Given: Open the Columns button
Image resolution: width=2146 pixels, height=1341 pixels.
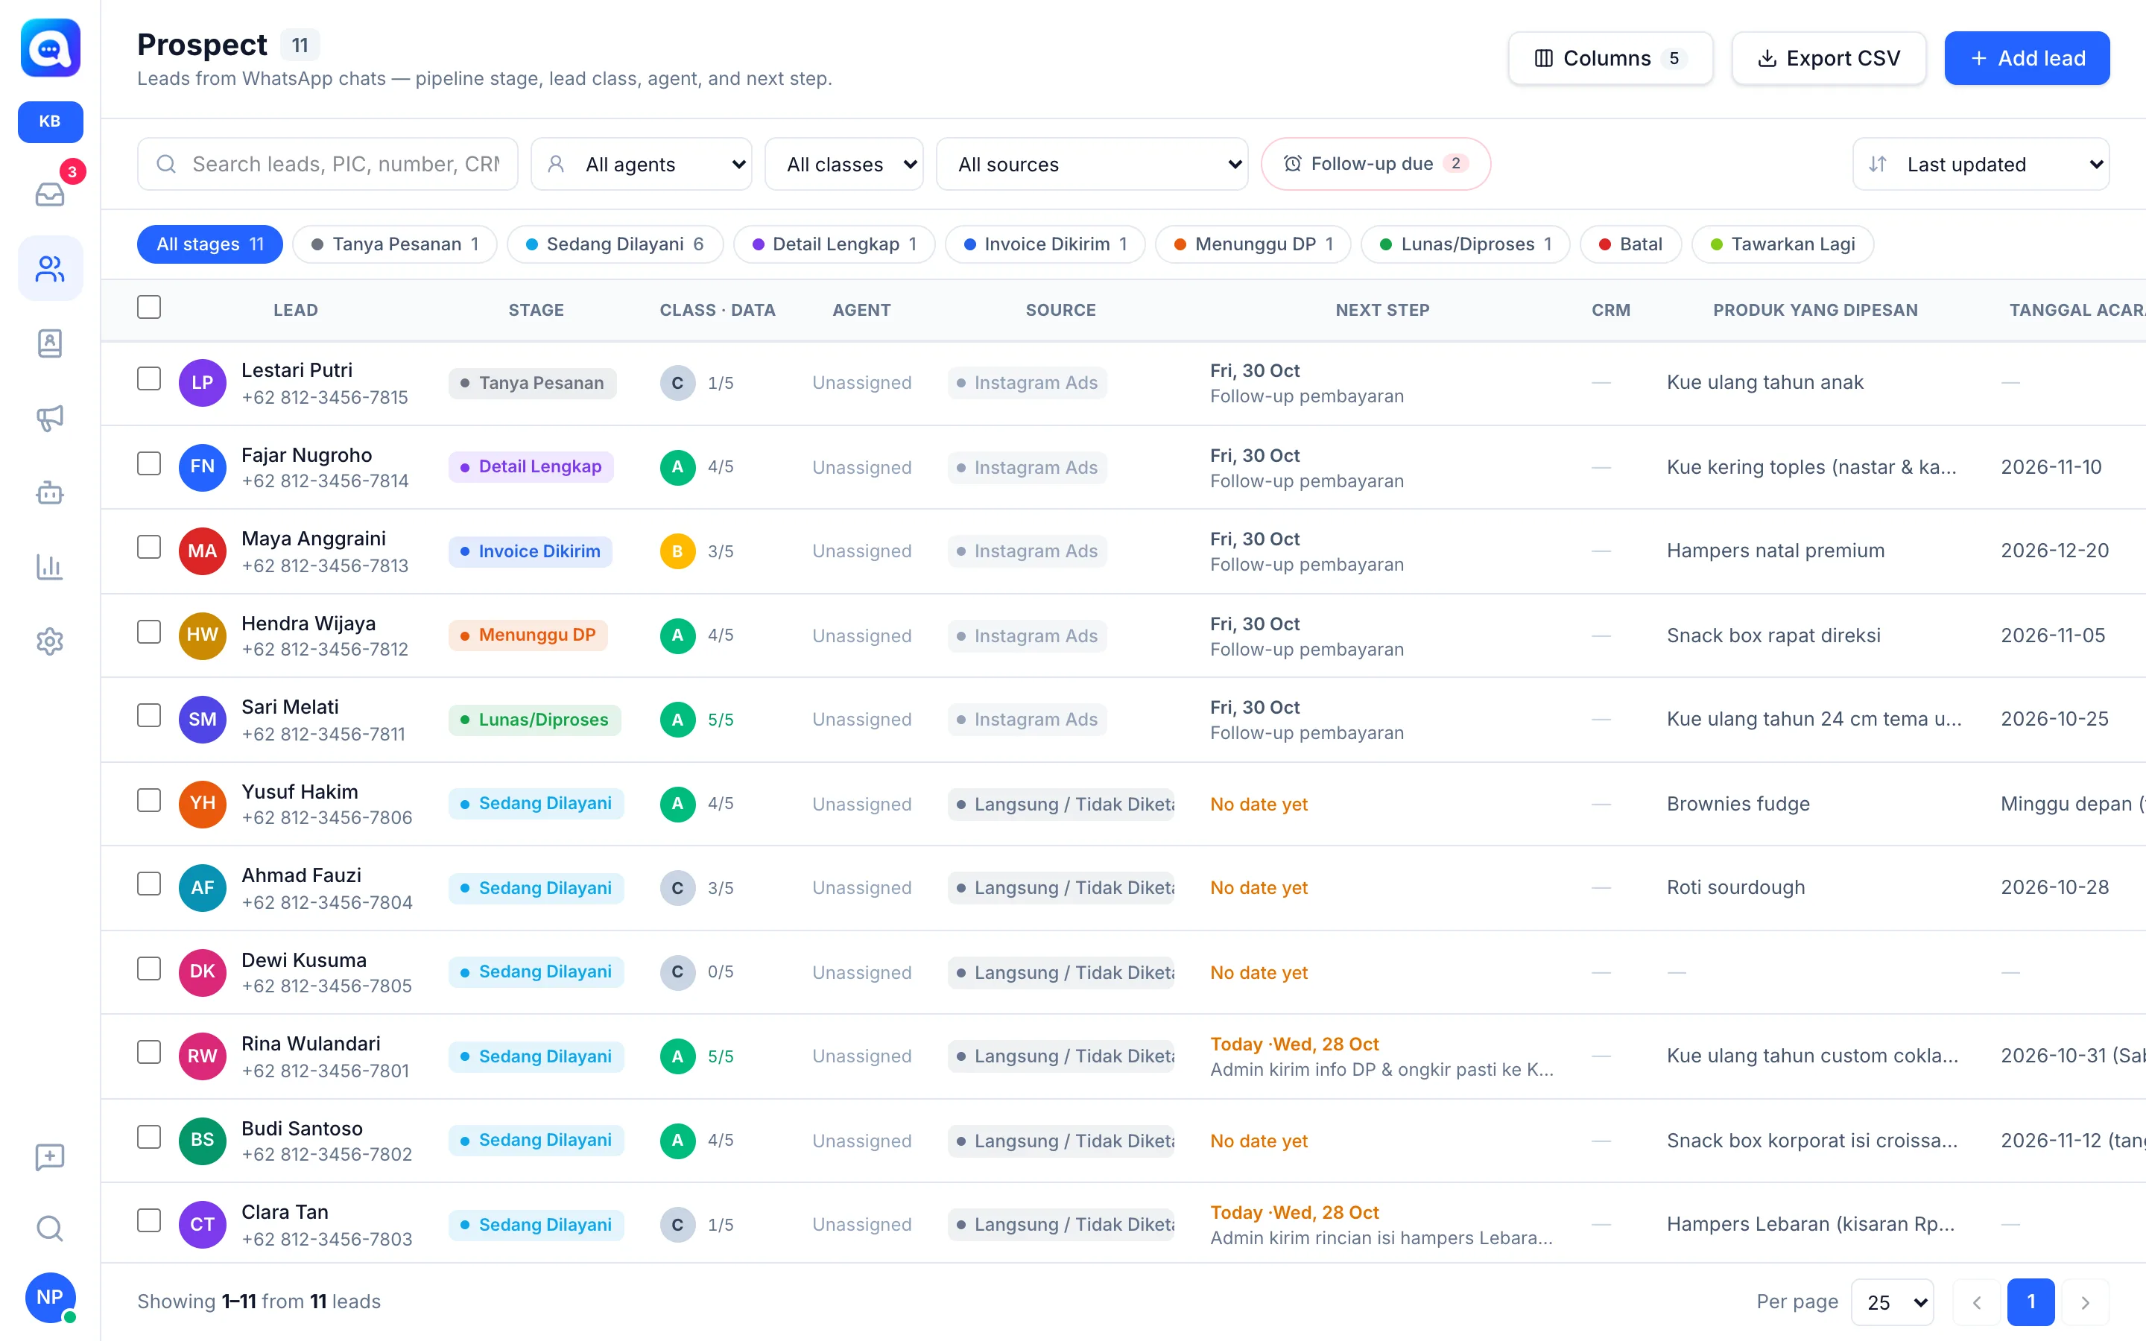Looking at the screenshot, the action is [x=1609, y=59].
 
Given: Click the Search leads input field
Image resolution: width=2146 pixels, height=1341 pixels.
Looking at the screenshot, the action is [x=327, y=164].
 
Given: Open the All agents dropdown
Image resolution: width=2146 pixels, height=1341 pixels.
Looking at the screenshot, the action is [x=641, y=164].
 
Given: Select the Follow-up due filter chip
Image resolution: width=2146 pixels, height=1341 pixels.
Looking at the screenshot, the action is [x=1376, y=164].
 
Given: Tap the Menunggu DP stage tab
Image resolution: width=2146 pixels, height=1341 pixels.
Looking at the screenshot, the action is [x=1253, y=244].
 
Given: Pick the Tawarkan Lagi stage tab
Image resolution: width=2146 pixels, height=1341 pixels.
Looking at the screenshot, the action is [x=1782, y=244].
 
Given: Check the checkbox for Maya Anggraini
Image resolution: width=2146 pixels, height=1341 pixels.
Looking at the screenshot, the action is [x=149, y=548].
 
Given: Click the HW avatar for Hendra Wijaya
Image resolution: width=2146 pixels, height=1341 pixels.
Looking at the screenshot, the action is [x=202, y=635].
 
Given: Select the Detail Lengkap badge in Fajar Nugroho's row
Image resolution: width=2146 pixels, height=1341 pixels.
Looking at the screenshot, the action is [x=531, y=466].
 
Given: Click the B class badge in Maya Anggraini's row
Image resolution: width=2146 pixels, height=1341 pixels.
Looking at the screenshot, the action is [x=677, y=551].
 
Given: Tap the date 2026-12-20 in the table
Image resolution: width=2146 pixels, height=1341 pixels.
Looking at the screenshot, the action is [x=2054, y=551].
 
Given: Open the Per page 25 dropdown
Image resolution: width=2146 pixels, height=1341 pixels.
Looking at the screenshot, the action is [x=1893, y=1302].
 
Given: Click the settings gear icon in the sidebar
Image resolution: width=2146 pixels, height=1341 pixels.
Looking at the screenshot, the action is [x=50, y=641].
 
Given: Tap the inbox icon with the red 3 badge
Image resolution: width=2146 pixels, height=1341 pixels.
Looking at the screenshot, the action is [x=51, y=194].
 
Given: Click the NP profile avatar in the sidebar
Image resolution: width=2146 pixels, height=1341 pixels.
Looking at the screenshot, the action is [x=51, y=1296].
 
